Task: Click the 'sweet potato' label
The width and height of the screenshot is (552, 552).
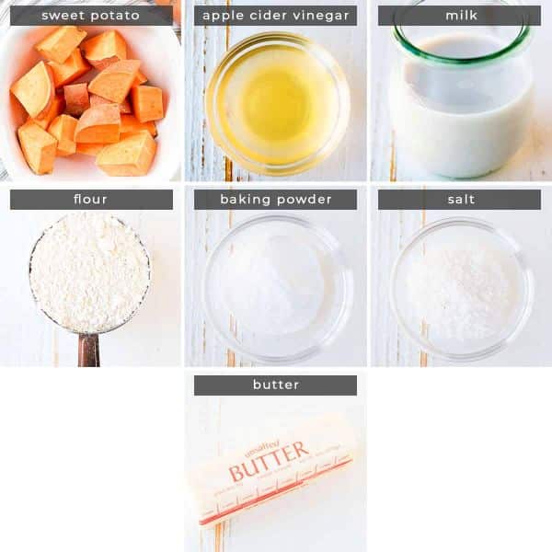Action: point(91,16)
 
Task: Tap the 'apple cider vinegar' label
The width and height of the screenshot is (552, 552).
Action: point(275,16)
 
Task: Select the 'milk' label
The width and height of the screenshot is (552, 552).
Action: point(459,16)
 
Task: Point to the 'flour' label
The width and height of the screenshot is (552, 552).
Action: point(91,200)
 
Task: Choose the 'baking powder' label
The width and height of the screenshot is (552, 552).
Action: point(275,200)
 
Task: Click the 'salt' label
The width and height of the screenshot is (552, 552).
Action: point(459,200)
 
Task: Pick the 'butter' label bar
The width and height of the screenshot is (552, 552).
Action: point(275,385)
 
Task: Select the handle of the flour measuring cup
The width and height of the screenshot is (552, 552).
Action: point(88,350)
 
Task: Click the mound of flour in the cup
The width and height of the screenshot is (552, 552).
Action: point(88,271)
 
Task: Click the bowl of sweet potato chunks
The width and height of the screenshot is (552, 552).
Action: point(90,101)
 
